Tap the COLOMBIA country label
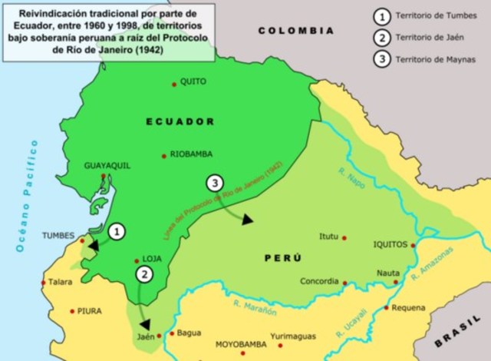pyautogui.click(x=295, y=31)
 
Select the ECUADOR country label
pyautogui.click(x=180, y=121)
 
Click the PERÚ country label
pyautogui.click(x=282, y=257)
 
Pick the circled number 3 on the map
pyautogui.click(x=215, y=183)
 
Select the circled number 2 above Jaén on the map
pyautogui.click(x=142, y=273)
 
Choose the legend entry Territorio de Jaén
pyautogui.click(x=430, y=37)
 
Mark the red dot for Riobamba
pyautogui.click(x=163, y=156)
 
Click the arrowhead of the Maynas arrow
pyautogui.click(x=247, y=220)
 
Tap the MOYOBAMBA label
pyautogui.click(x=240, y=345)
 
